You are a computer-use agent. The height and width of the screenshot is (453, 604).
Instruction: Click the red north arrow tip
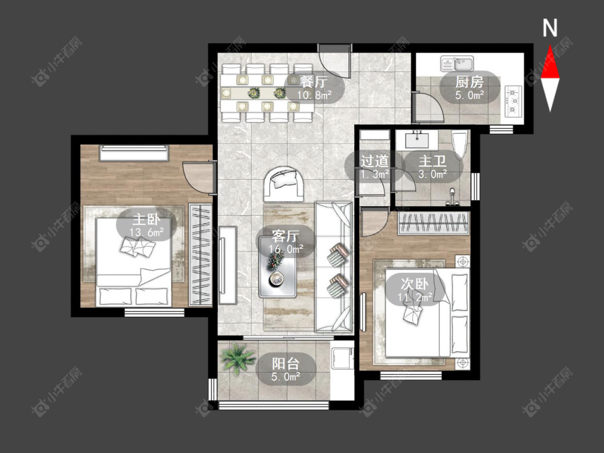(550, 46)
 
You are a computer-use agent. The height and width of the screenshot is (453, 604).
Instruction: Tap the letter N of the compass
(550, 28)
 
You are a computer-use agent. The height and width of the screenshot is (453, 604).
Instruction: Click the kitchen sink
(457, 63)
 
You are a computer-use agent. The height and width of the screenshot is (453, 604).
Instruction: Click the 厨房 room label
(469, 82)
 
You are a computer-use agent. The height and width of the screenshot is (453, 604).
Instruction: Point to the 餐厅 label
(314, 82)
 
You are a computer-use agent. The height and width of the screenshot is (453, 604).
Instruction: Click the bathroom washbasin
(417, 140)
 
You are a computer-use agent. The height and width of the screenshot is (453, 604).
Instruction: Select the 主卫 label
(433, 161)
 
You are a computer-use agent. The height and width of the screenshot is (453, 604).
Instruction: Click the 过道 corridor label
(374, 161)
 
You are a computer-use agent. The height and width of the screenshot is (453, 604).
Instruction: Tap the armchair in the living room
(283, 184)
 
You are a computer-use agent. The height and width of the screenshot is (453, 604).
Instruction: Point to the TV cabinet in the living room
(228, 265)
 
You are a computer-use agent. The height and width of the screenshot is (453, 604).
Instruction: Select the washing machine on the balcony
(343, 358)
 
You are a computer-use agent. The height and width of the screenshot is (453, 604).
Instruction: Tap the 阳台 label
(286, 363)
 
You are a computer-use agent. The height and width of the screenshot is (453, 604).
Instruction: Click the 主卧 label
(147, 220)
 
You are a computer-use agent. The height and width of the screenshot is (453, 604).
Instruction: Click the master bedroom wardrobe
(200, 255)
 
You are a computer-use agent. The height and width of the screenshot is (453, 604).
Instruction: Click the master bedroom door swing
(197, 177)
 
